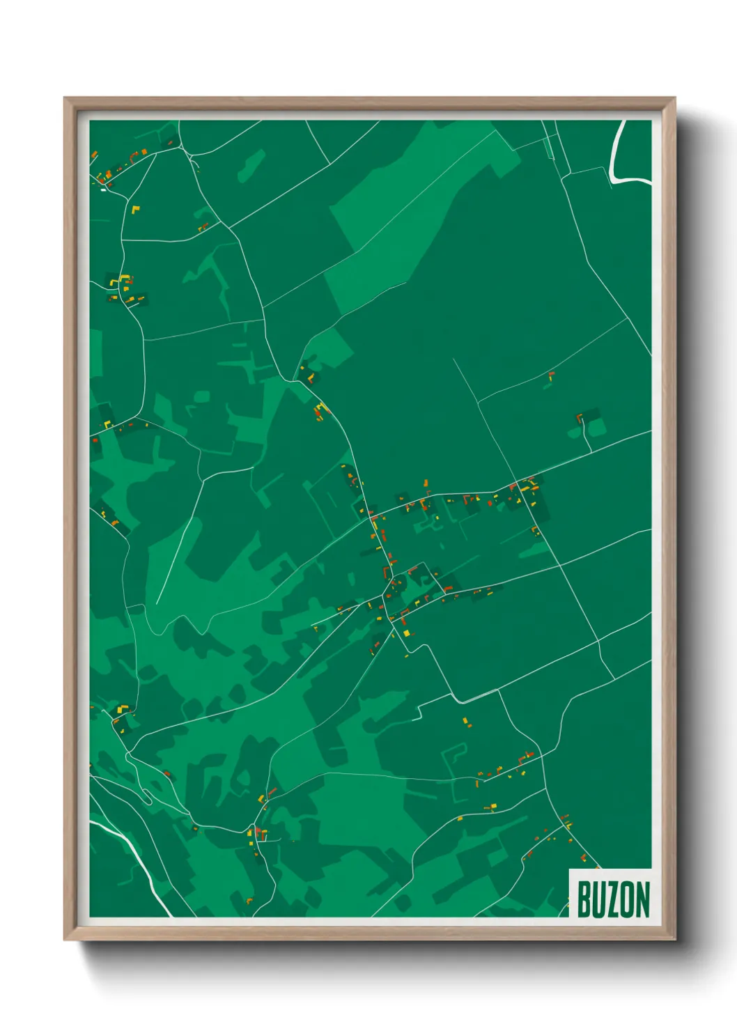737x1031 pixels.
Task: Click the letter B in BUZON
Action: click(583, 899)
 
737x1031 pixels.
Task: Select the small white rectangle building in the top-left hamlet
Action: click(104, 189)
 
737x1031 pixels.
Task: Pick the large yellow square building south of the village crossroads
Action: click(406, 633)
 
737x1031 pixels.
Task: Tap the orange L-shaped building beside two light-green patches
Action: click(579, 418)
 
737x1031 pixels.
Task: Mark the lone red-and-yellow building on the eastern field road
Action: click(551, 375)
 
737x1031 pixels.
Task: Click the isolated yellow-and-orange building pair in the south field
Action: click(467, 722)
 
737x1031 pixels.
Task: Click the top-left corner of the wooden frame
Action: click(65, 98)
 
